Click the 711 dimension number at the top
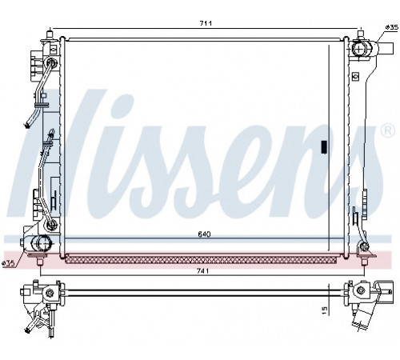[x=206, y=23]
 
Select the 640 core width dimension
[x=204, y=234]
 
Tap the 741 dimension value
[x=202, y=271]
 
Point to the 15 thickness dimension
[x=324, y=310]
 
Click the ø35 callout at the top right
[x=392, y=27]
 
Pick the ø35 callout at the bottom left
[x=8, y=263]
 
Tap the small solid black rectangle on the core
[x=324, y=147]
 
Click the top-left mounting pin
[x=50, y=34]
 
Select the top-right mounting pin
[x=361, y=34]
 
